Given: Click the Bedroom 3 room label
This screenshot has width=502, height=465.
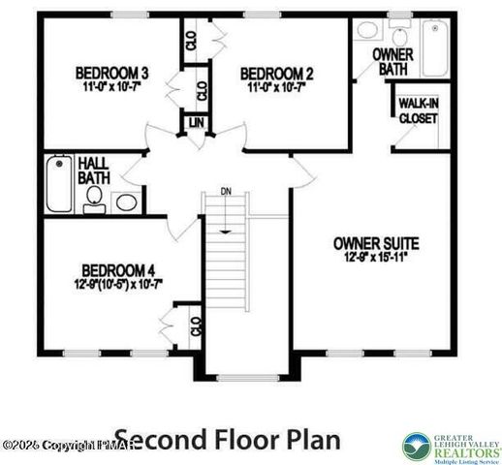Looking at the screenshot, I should (112, 73).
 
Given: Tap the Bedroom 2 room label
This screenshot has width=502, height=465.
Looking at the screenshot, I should (277, 73).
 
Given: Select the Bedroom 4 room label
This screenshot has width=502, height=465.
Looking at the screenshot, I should (118, 270).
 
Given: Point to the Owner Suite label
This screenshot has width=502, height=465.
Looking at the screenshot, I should (374, 242).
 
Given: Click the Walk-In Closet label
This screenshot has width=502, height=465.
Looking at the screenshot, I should (418, 111).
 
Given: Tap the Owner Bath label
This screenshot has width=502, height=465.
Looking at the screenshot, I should (394, 63).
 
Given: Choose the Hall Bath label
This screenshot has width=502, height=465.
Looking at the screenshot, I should (93, 170).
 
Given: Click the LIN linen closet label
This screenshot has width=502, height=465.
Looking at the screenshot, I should (196, 123).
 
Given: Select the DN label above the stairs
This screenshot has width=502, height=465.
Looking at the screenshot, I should (226, 191).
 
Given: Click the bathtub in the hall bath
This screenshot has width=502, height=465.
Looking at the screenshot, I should (59, 186).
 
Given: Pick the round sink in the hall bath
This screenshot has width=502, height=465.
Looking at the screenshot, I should (125, 202).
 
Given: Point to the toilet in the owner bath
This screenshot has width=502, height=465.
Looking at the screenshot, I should (366, 31).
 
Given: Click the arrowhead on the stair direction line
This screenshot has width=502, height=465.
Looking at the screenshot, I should (226, 231).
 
